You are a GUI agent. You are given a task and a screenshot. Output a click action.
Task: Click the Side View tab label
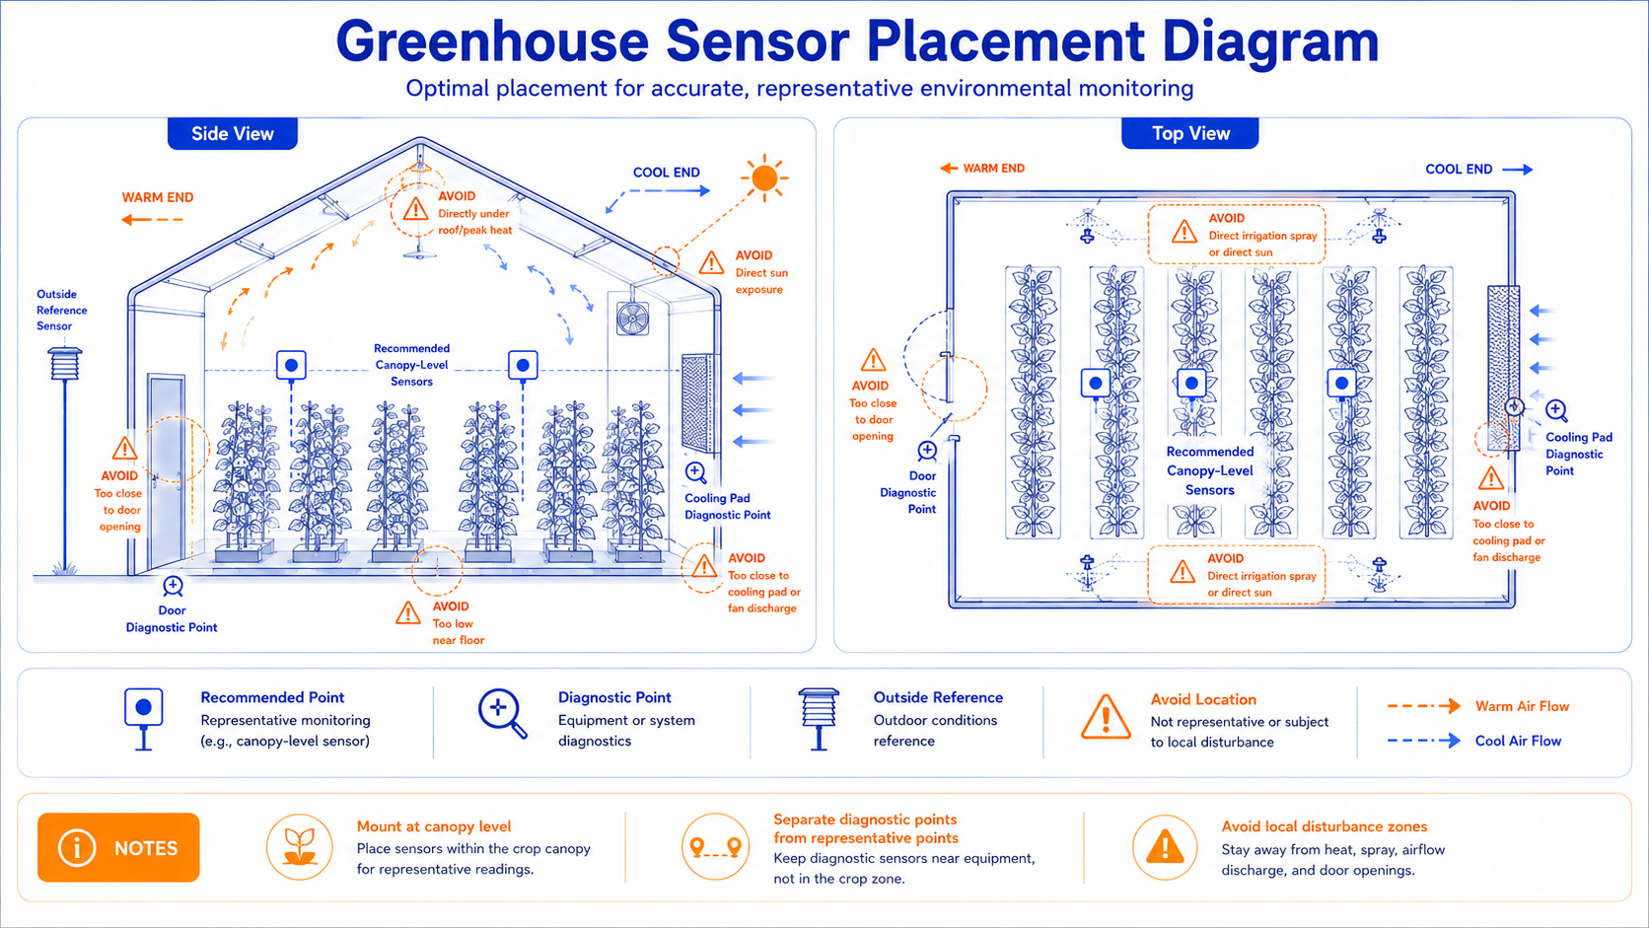pyautogui.click(x=233, y=133)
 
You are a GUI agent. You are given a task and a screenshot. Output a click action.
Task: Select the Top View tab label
pyautogui.click(x=1190, y=133)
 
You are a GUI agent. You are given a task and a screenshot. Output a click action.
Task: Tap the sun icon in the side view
pyautogui.click(x=765, y=178)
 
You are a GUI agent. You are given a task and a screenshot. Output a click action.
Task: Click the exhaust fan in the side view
pyautogui.click(x=633, y=319)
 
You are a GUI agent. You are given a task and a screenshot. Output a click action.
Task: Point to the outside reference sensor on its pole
pyautogui.click(x=65, y=364)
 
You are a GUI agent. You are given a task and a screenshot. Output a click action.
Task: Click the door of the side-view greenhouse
pyautogui.click(x=167, y=471)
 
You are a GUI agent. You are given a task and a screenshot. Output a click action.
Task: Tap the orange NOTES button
pyautogui.click(x=118, y=847)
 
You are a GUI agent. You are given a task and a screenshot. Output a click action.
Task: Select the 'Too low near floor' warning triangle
pyautogui.click(x=408, y=613)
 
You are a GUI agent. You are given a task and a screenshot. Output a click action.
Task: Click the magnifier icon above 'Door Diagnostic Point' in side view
pyautogui.click(x=173, y=587)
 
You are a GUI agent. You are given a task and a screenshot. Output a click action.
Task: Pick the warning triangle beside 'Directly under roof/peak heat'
pyautogui.click(x=416, y=209)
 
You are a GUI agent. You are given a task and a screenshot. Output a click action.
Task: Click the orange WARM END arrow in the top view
pyautogui.click(x=949, y=169)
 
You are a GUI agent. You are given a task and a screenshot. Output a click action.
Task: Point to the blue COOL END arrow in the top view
pyautogui.click(x=1517, y=170)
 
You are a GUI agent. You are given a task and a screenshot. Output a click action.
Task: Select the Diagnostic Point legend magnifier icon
pyautogui.click(x=503, y=713)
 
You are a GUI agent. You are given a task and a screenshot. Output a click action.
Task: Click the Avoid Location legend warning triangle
pyautogui.click(x=1106, y=717)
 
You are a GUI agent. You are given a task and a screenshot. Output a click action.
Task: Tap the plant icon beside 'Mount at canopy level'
pyautogui.click(x=300, y=847)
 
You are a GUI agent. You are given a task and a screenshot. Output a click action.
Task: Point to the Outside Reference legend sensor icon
pyautogui.click(x=819, y=719)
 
